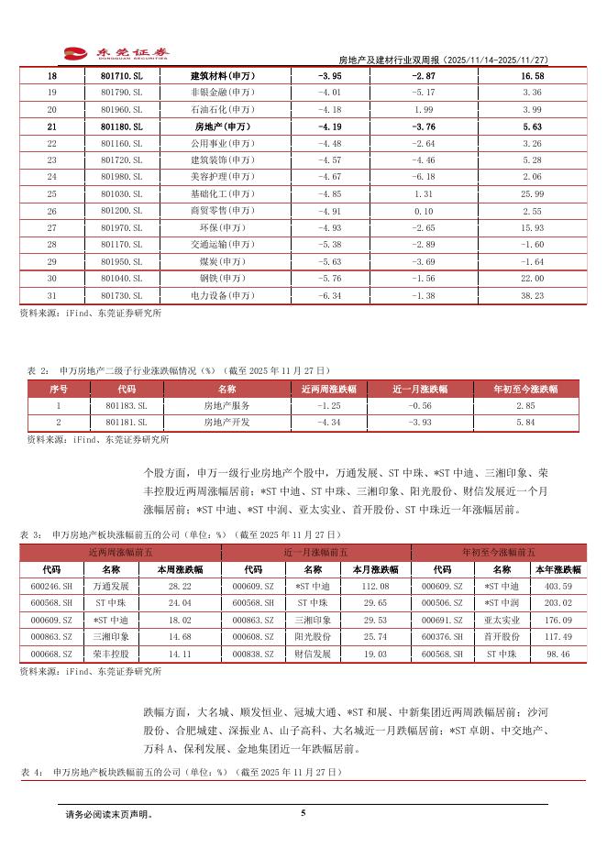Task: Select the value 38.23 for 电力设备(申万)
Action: point(532,296)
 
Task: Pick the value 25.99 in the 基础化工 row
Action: point(532,194)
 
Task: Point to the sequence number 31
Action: point(51,296)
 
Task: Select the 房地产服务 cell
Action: point(226,405)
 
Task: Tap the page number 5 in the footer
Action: point(303,812)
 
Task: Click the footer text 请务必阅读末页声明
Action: point(109,814)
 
